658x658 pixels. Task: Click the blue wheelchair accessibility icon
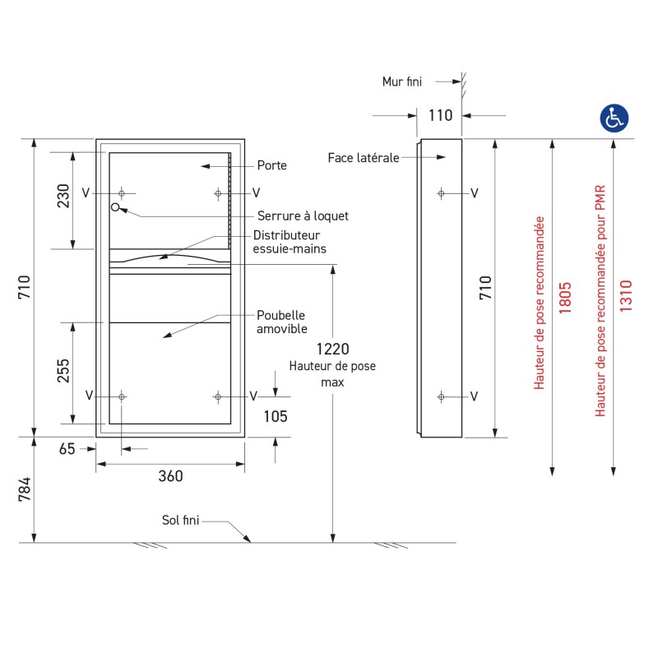coord(613,118)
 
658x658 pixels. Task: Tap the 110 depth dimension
coord(441,115)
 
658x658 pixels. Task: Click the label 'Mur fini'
coord(402,81)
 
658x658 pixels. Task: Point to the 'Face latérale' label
coord(363,157)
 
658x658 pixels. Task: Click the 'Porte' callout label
coord(272,165)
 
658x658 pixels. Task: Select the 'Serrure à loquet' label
coord(303,216)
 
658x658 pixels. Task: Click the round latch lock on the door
coord(116,206)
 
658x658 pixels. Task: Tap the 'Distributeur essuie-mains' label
coord(289,242)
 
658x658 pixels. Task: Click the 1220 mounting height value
coord(332,349)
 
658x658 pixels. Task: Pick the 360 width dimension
coord(170,476)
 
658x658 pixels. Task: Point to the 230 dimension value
coord(63,195)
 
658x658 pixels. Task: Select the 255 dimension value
coord(63,373)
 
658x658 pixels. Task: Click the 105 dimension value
coord(275,417)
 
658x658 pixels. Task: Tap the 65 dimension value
coord(67,449)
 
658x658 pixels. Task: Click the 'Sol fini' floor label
coord(180,520)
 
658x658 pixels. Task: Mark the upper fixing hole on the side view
coord(442,193)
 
